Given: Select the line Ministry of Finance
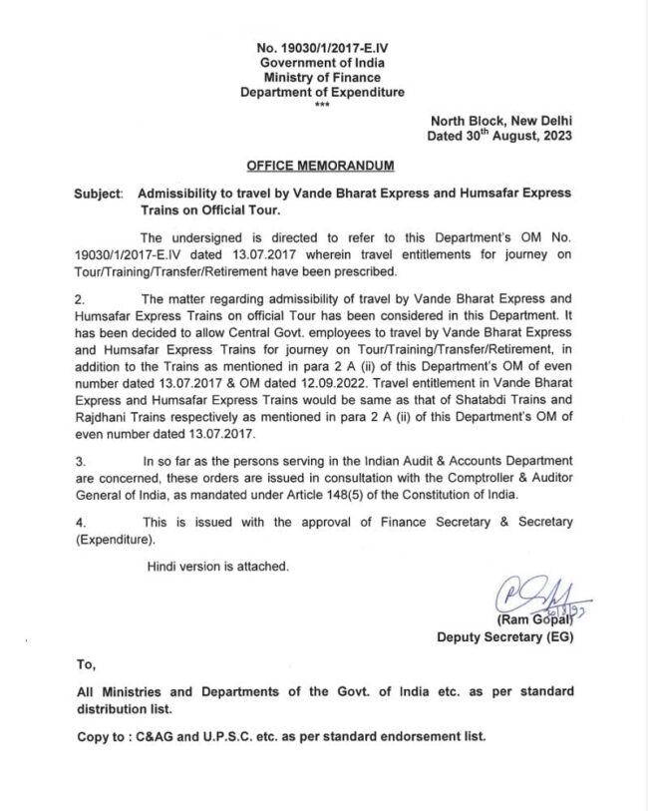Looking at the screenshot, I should pyautogui.click(x=323, y=77).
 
